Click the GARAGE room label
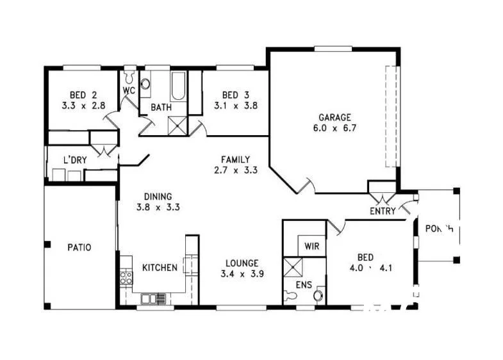[334, 117]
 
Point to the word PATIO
[79, 247]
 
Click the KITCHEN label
[160, 267]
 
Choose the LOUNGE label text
[242, 263]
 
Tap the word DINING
[158, 197]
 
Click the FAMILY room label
[235, 160]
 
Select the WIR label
[312, 246]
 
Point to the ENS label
[304, 284]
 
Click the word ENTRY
[383, 211]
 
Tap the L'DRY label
[74, 160]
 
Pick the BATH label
[161, 108]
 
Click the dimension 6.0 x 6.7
[334, 128]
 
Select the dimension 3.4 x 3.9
[242, 274]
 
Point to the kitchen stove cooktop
[126, 277]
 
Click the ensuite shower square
[294, 266]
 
